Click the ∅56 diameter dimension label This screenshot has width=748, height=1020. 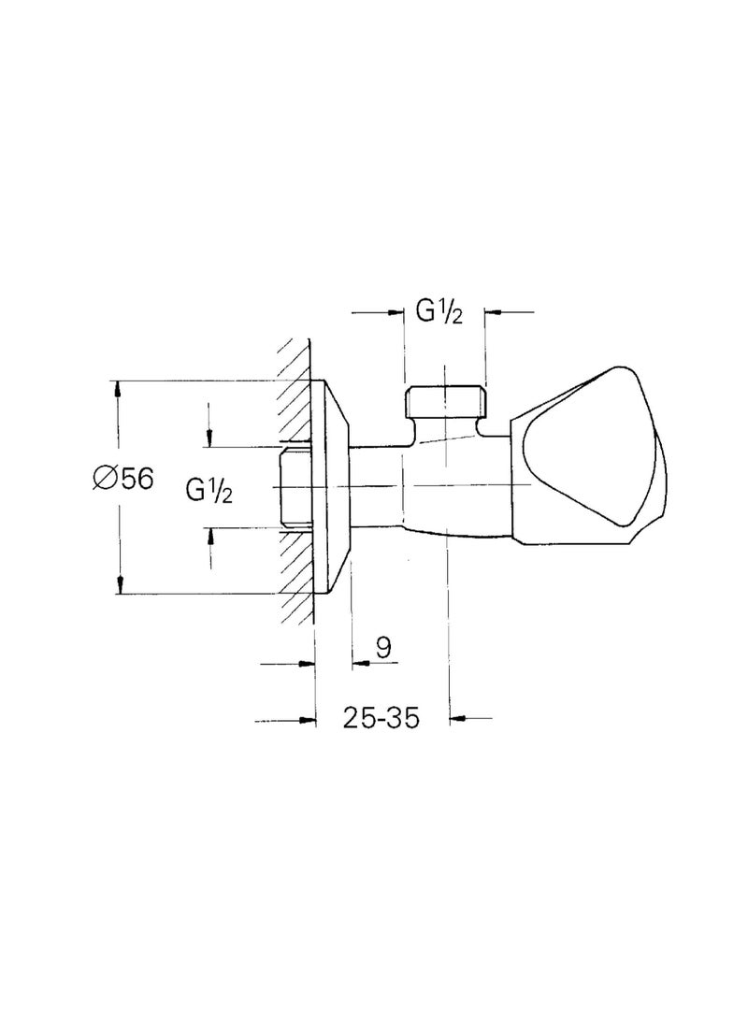(x=122, y=478)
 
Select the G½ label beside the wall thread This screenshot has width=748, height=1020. (x=209, y=489)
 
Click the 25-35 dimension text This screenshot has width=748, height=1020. (x=380, y=718)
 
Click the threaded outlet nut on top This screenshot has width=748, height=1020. (x=445, y=403)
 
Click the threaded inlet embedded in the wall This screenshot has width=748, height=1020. (x=297, y=486)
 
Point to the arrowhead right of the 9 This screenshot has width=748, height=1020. (x=359, y=664)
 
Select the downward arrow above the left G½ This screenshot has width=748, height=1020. (x=209, y=436)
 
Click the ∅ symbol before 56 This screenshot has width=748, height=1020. (x=104, y=478)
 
